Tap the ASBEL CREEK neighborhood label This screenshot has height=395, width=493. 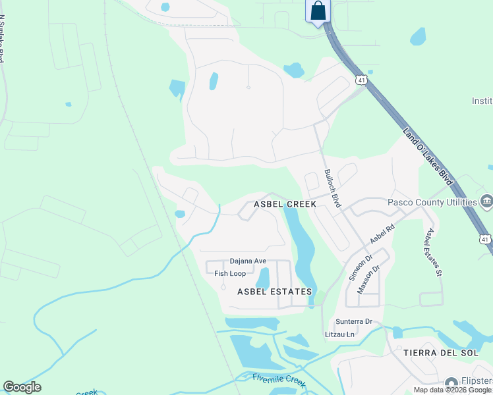[286, 204]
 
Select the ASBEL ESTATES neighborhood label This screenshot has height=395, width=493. [274, 291]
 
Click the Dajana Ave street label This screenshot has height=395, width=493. [248, 261]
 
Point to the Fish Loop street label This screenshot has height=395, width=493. [230, 273]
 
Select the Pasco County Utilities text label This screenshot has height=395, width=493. [432, 202]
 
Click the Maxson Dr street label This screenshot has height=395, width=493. [368, 279]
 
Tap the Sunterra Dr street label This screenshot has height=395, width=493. [354, 322]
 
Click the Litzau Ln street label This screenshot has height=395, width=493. [339, 334]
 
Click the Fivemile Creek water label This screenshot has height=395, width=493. [279, 380]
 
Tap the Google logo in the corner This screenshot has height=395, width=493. [22, 387]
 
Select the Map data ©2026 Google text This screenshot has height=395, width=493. [452, 390]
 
